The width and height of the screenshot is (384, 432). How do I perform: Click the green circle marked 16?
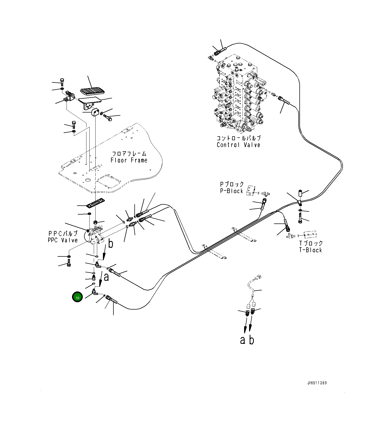click(x=77, y=297)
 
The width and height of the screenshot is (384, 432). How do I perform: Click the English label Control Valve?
click(x=238, y=145)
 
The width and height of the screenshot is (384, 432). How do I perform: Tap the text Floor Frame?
click(x=129, y=160)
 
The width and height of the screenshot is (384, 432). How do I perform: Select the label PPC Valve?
click(x=63, y=240)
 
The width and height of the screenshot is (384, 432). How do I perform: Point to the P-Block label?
click(x=232, y=191)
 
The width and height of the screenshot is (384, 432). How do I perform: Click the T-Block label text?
click(x=311, y=250)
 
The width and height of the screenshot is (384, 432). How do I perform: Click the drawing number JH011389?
click(x=317, y=383)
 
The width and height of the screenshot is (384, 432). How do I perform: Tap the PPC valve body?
click(x=95, y=236)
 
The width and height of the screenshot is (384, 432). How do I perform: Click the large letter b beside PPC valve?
click(x=111, y=244)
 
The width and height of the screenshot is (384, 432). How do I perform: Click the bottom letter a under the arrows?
click(x=243, y=340)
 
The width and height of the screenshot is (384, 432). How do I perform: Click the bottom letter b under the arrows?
click(x=251, y=340)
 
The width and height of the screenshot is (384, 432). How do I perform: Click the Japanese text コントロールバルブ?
click(x=238, y=138)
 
